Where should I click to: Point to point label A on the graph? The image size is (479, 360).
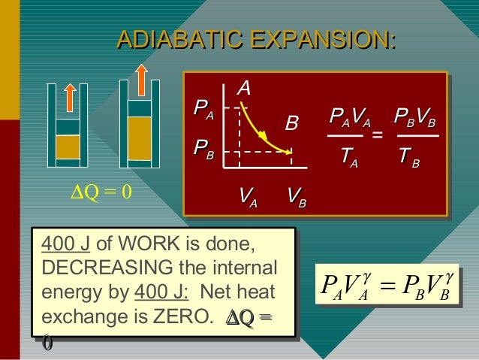pyautogui.click(x=243, y=89)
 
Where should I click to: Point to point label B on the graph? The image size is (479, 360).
pyautogui.click(x=291, y=122)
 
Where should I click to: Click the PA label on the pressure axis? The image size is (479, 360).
pyautogui.click(x=203, y=113)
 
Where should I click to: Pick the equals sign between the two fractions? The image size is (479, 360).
pyautogui.click(x=378, y=135)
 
